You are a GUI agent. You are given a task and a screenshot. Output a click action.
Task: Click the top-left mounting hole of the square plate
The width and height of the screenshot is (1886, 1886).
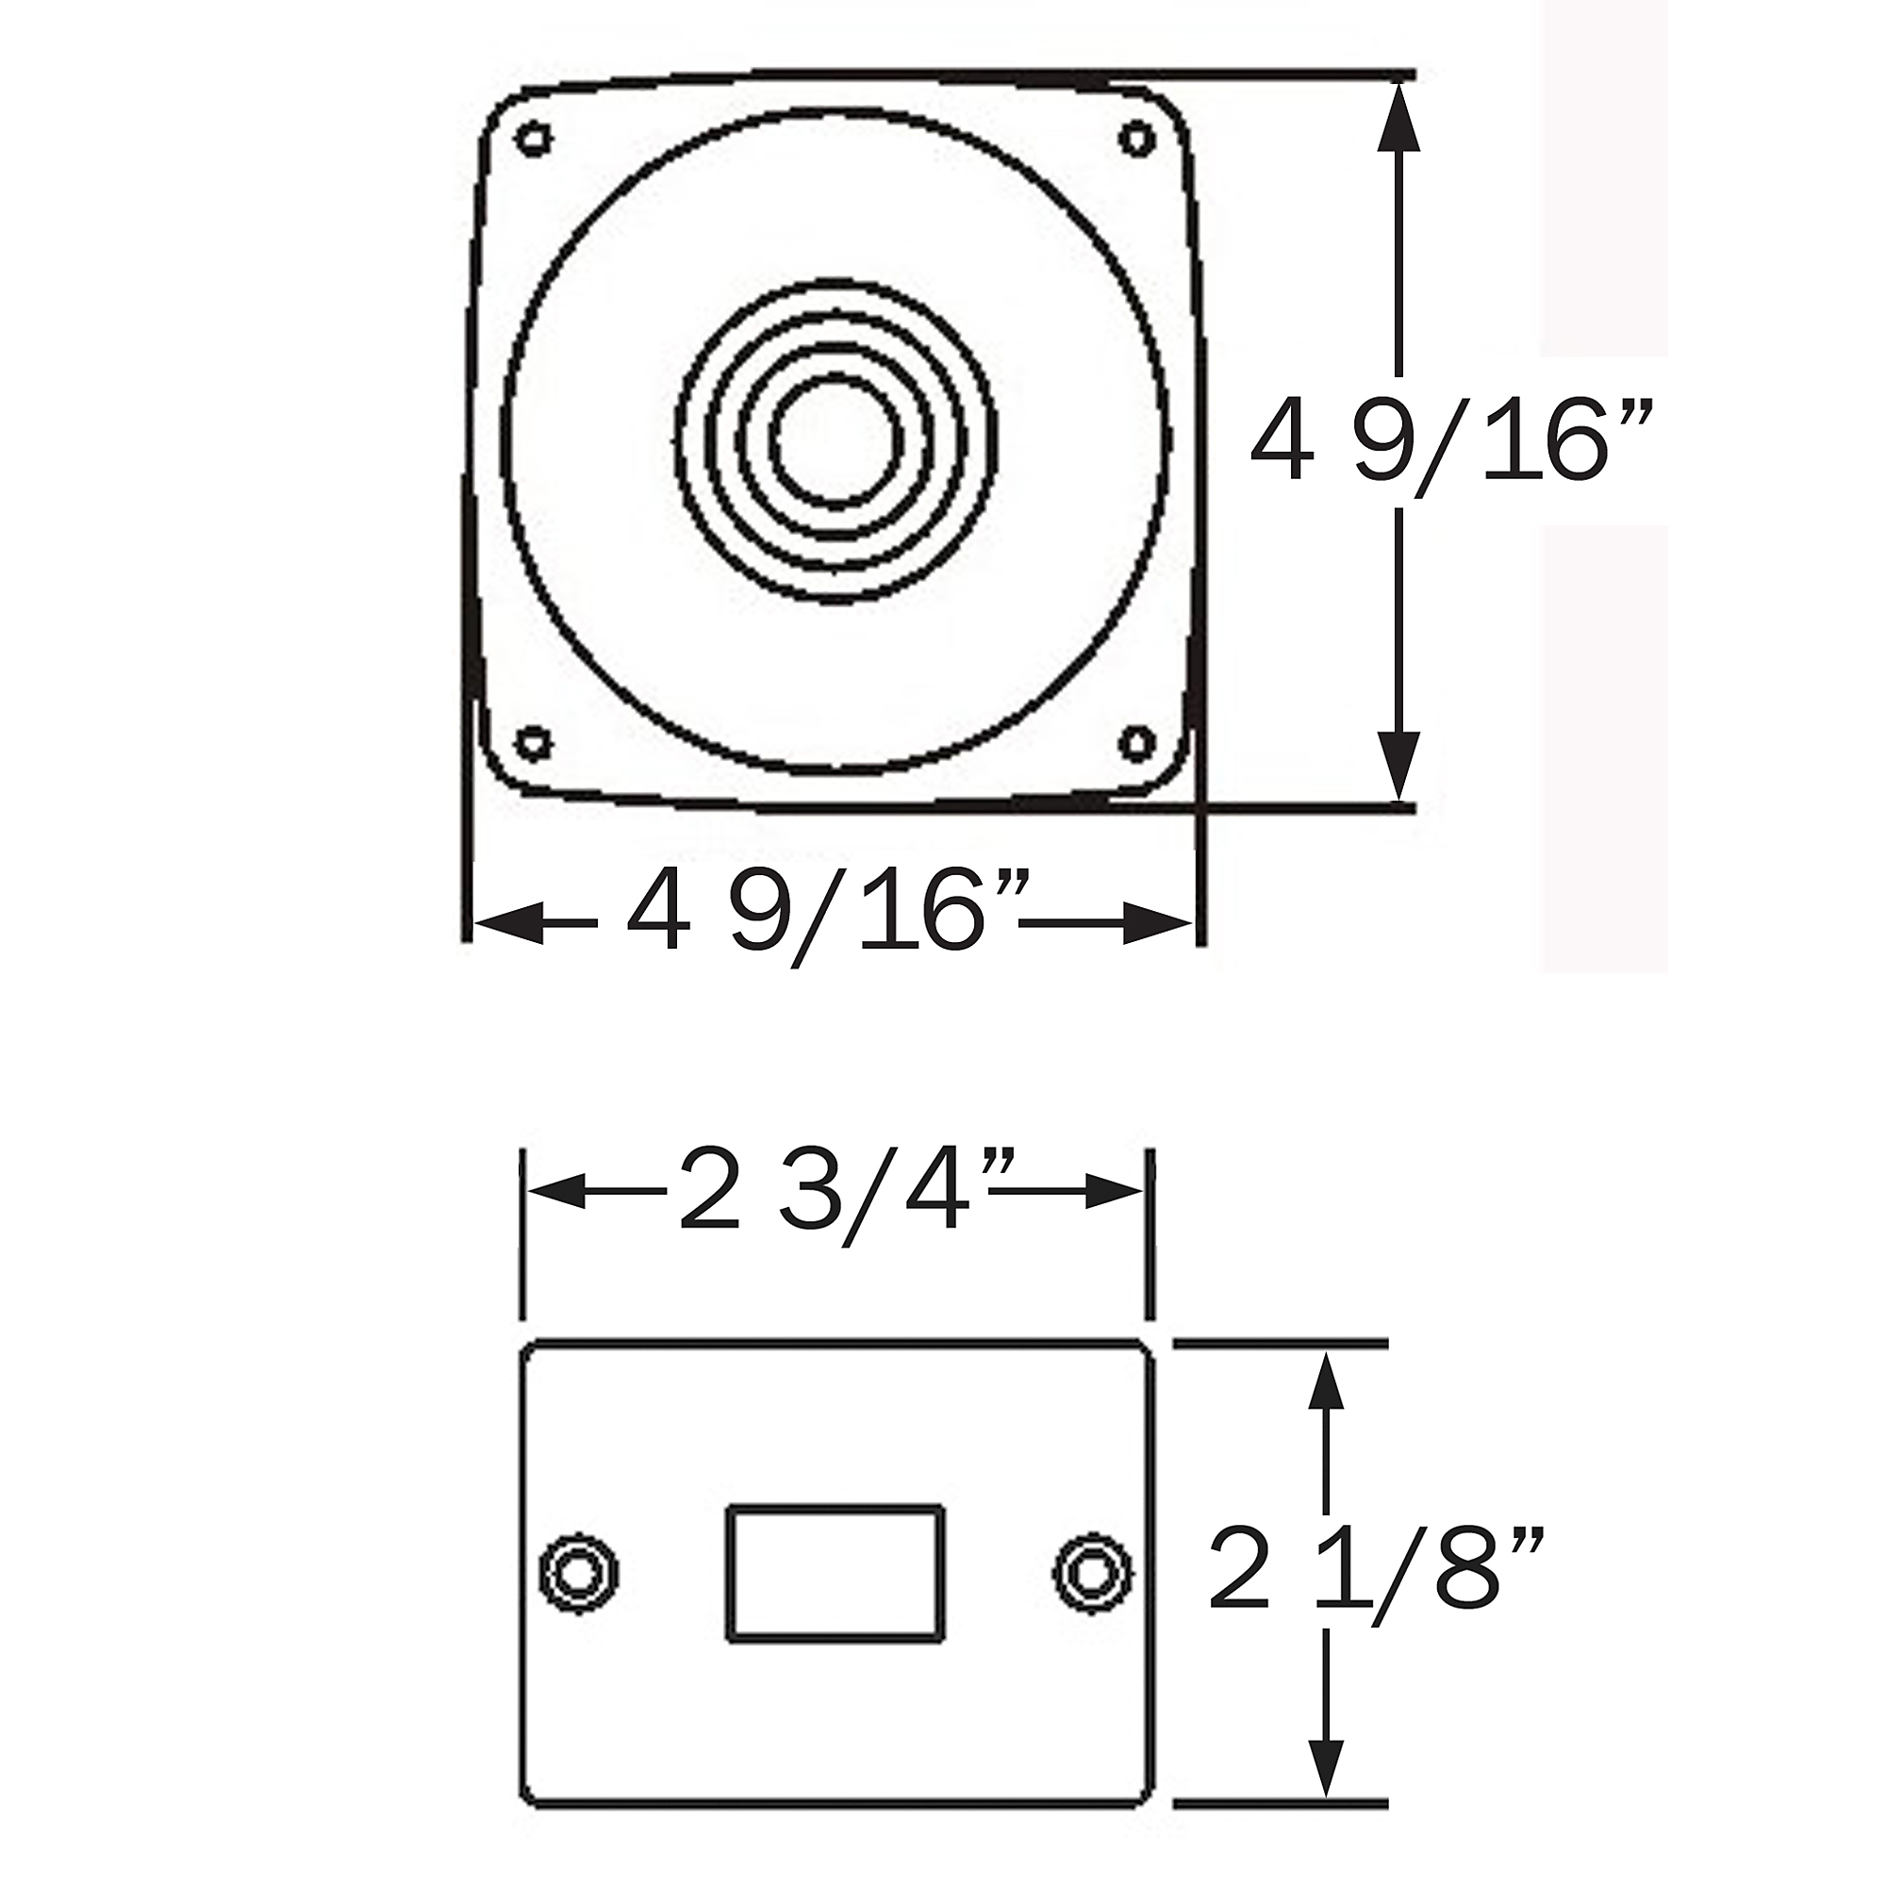point(533,139)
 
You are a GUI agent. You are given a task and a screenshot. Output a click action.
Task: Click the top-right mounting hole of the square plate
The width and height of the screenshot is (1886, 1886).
point(1136,138)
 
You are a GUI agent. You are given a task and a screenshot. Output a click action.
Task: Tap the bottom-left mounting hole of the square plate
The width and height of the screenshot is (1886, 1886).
point(532,744)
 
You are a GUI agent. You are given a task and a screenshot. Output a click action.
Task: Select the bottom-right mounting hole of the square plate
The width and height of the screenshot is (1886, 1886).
point(1136,744)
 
